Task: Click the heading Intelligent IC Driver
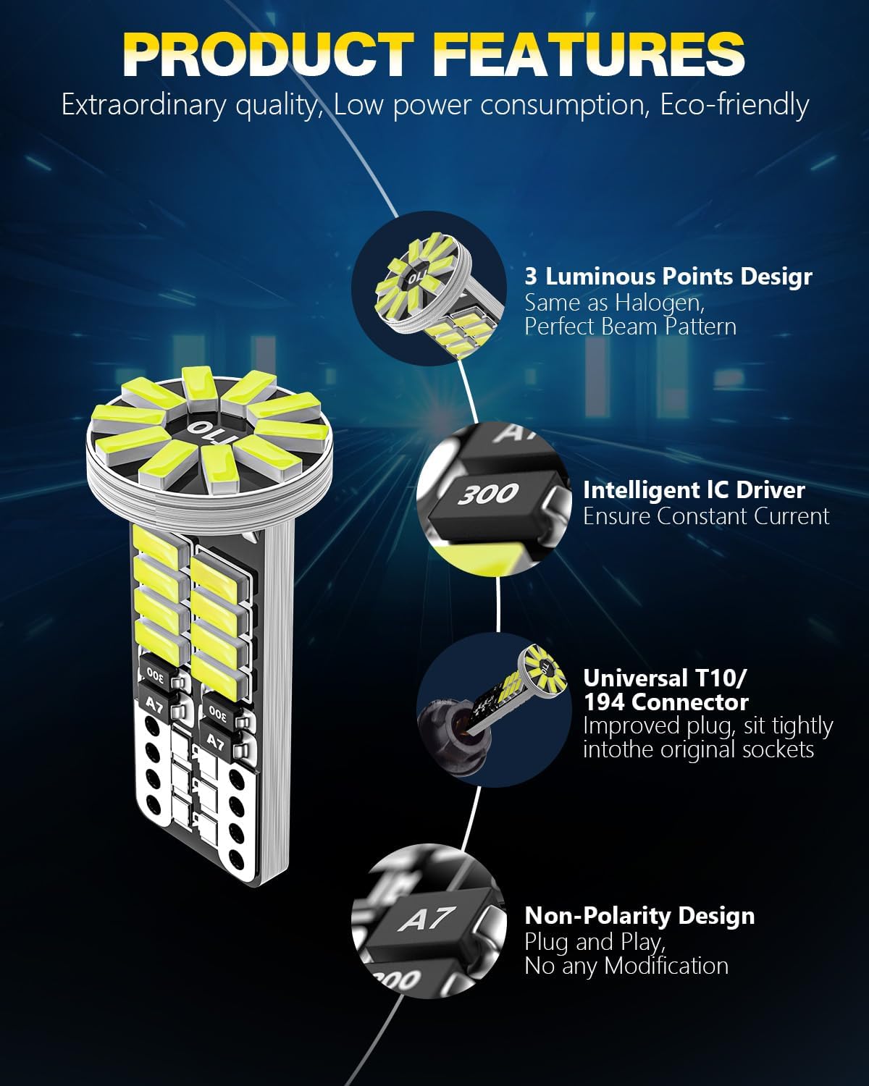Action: tap(694, 490)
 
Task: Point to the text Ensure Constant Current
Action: tap(706, 516)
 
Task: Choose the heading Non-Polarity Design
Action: tap(639, 916)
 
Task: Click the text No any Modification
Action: tap(626, 966)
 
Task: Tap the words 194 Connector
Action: tap(666, 702)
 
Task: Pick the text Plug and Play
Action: tap(594, 942)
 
